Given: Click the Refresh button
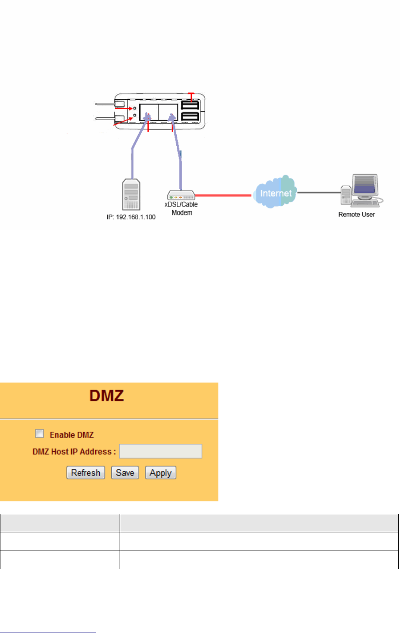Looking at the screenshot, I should pos(85,473).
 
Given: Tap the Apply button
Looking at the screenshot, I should pos(160,473).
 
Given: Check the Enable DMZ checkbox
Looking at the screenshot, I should pos(40,434).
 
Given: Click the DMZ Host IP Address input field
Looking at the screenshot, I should pos(160,451).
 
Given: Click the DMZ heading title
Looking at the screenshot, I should pos(107,395).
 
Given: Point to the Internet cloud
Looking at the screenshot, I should pos(276,193).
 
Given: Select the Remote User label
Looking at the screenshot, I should pos(357,215).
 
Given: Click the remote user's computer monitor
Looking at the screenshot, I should pos(365,185).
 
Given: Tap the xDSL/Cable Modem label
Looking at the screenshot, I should pos(181,208).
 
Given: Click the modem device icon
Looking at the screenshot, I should pos(181,195).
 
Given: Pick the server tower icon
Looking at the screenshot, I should pos(131,195).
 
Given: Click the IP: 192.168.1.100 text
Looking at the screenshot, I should pos(131,217).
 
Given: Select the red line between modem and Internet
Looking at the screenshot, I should pos(224,195).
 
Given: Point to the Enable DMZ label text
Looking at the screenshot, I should pos(72,435).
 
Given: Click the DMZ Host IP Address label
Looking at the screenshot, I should pos(74,452).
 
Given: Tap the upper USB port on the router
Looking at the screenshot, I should pos(190,105).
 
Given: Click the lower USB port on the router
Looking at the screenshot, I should pos(190,117).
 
